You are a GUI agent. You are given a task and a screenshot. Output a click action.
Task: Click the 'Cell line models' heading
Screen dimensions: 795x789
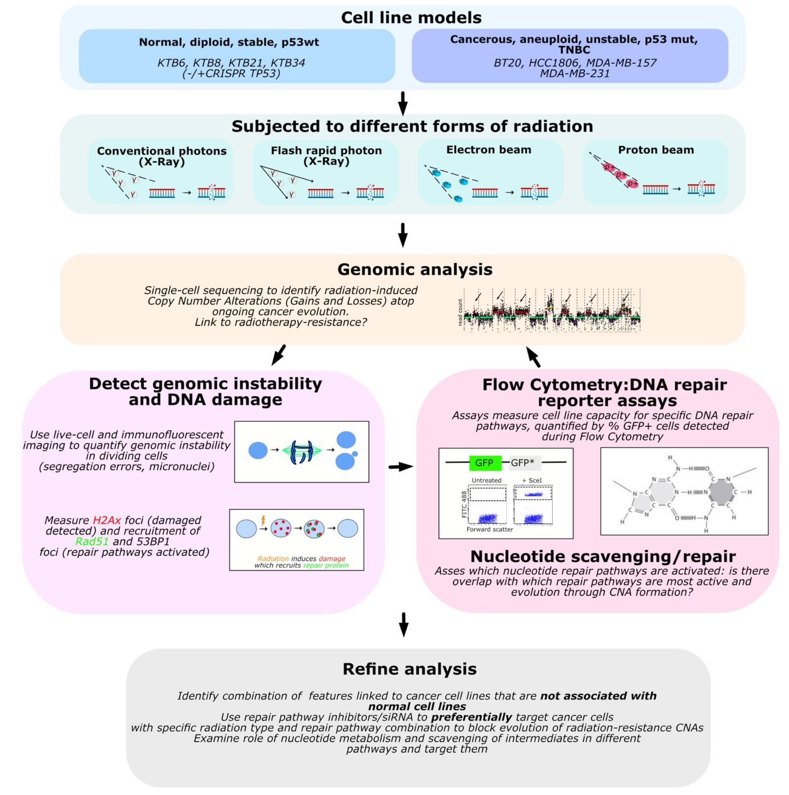coord(411,17)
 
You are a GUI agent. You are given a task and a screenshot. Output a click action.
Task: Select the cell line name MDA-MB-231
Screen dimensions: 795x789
coord(575,74)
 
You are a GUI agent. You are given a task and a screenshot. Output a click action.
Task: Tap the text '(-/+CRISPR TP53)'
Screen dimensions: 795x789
coord(231,74)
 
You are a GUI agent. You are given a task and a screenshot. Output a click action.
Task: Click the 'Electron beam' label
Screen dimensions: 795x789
coord(489,150)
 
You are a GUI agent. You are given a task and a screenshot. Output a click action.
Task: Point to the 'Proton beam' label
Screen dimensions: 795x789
coord(656,150)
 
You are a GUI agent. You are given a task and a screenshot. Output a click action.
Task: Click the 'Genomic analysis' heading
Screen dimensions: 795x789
coord(415,270)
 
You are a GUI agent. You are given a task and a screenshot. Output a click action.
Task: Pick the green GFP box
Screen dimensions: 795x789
coord(485,463)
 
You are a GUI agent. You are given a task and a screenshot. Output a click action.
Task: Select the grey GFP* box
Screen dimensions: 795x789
coord(523,463)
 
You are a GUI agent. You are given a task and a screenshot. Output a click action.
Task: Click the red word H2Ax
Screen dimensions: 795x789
coord(107,520)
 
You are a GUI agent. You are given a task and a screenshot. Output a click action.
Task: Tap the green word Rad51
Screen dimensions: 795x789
coord(92,542)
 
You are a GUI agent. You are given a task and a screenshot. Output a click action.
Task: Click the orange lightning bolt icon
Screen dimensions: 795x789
coord(263,521)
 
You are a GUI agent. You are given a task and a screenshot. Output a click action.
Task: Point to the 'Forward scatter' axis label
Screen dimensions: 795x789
coord(489,530)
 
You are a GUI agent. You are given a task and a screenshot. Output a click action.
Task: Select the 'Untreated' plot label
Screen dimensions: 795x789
coord(486,480)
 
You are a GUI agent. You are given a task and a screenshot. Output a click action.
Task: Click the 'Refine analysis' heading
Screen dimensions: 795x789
coord(409,669)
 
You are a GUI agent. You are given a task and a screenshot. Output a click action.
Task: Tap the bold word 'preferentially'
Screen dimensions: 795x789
coord(471,717)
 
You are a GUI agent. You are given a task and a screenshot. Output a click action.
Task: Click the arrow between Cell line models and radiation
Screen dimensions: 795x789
coord(403,103)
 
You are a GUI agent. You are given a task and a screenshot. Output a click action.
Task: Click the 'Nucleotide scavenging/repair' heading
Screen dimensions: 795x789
coord(602,556)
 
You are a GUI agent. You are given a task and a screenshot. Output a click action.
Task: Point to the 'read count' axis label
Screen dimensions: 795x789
coord(460,313)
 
